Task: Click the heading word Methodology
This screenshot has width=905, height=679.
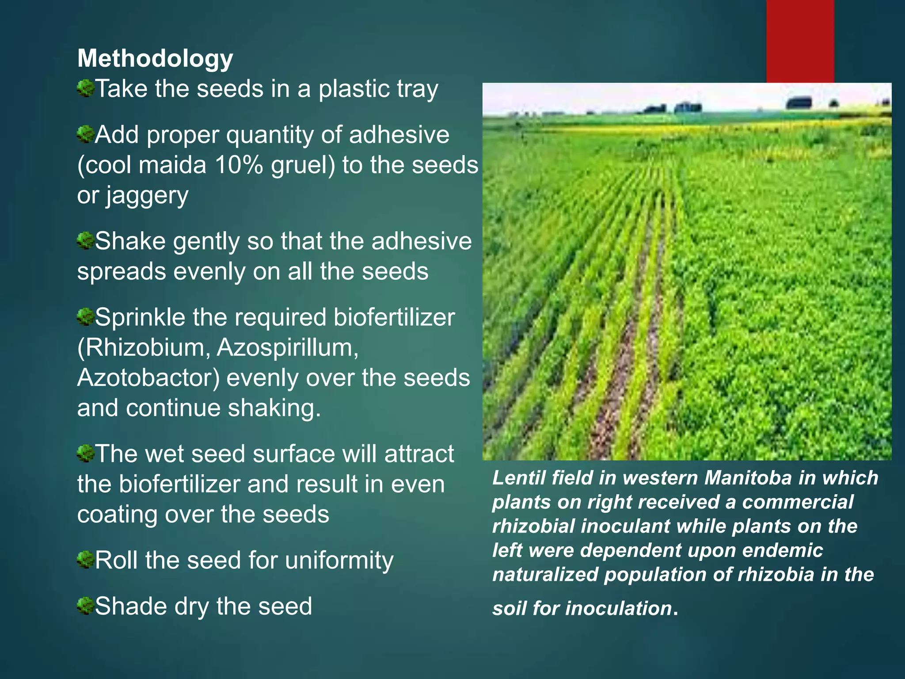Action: click(155, 59)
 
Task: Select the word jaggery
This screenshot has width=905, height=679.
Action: click(147, 196)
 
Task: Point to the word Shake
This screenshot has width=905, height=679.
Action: click(130, 241)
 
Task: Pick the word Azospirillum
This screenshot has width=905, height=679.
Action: click(287, 348)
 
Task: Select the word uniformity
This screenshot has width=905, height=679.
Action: click(339, 561)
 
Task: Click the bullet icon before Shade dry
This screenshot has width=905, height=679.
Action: click(86, 606)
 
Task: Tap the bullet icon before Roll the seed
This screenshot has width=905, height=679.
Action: click(86, 560)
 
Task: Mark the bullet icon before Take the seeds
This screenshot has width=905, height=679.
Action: click(86, 88)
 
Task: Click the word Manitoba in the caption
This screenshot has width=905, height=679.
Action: click(748, 478)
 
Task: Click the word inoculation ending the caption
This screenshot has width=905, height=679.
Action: click(619, 609)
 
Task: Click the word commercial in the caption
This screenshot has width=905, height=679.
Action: click(798, 502)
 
